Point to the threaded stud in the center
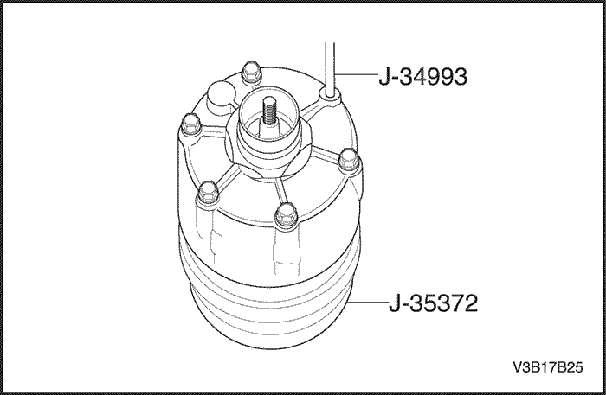click(x=268, y=112)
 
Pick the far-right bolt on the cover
click(x=348, y=159)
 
